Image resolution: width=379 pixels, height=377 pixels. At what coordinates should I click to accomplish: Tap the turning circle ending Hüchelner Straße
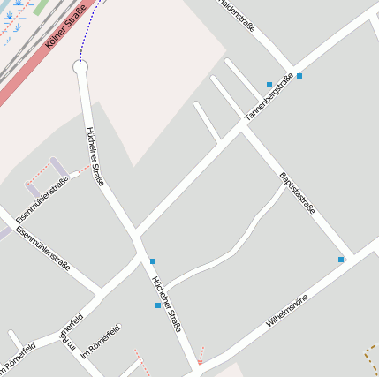tap(80, 67)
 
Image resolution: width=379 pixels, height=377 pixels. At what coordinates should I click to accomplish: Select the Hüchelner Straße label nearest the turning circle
tap(95, 156)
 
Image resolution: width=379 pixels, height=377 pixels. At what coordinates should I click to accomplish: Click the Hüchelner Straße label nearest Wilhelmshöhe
tap(166, 303)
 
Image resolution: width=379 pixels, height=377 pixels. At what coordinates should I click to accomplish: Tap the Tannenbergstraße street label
tap(269, 98)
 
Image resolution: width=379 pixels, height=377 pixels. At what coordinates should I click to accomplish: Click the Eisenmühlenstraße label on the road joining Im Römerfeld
tap(42, 246)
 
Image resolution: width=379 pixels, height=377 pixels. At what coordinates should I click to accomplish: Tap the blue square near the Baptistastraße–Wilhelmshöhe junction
tap(341, 260)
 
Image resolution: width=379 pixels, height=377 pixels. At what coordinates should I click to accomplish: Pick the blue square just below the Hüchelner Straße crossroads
tap(153, 261)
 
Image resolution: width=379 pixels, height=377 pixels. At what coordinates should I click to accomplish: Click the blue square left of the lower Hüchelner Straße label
tap(158, 305)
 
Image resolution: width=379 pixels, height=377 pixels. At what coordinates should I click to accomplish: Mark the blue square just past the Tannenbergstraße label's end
tap(299, 76)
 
